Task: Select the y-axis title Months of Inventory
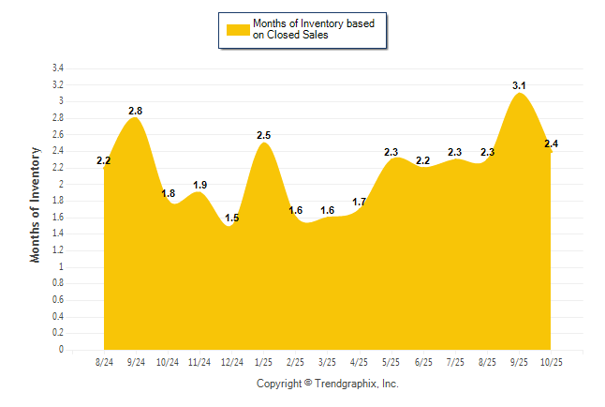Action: pos(37,203)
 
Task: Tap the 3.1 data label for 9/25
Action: pos(519,86)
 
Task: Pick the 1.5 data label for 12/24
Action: pos(232,219)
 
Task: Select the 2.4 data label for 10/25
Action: pos(551,143)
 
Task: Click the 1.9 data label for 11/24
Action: pos(199,185)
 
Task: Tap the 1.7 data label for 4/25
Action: pos(360,202)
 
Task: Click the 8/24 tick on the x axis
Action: pos(104,361)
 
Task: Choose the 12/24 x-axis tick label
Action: pos(231,361)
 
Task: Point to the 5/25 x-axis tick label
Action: pos(391,361)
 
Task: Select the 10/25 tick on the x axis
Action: pos(551,361)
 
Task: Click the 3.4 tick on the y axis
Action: pos(58,68)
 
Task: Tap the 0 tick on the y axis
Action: pos(61,350)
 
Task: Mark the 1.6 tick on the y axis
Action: pos(58,218)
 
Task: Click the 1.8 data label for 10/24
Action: pos(169,194)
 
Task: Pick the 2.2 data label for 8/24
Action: pos(104,161)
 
